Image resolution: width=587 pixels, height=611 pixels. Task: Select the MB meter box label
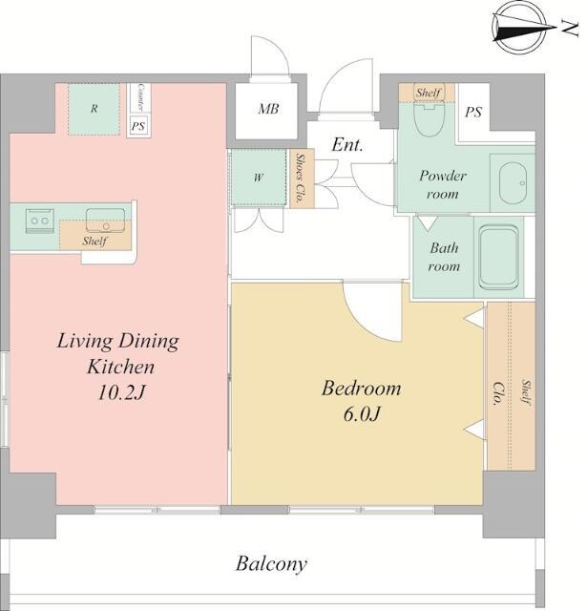coord(268,109)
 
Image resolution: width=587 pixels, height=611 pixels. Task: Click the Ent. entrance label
coord(347,145)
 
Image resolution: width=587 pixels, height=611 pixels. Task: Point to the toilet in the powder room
coord(429,117)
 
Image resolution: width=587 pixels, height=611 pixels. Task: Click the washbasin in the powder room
coord(513,182)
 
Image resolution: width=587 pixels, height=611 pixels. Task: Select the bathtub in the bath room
coord(498,258)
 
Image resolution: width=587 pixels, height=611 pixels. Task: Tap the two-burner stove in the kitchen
coord(40,221)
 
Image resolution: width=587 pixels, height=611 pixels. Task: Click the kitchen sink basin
coord(106,221)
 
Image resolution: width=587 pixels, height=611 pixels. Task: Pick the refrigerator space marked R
coord(94,110)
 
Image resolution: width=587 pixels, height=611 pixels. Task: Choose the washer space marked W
coord(259,178)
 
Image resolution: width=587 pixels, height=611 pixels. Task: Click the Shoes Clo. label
coord(300,179)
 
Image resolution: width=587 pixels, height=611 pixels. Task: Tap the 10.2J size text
coord(121,392)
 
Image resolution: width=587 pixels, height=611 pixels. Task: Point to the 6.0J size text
coord(362,413)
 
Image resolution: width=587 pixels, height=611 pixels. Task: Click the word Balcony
coord(271,564)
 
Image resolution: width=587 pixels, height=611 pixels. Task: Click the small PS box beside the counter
coord(137,126)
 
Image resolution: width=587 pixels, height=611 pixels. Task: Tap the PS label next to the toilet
coord(473,113)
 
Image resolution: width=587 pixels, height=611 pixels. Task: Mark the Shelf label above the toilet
coord(428,93)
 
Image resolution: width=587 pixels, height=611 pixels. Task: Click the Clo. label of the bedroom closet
coord(498,393)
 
